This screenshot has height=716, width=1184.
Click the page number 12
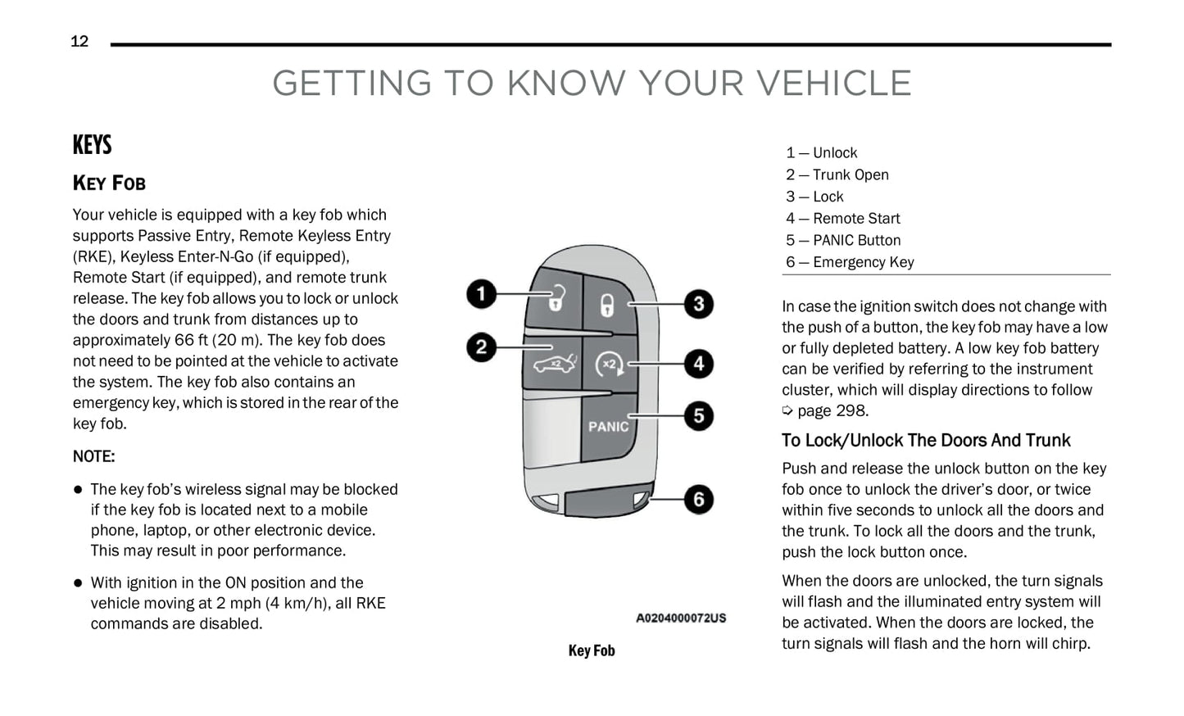click(x=79, y=42)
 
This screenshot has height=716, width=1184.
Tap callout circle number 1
click(x=482, y=293)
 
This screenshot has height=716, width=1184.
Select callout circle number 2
click(x=482, y=347)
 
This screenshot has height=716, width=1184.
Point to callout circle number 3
click(x=698, y=304)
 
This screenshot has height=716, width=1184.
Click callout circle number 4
click(x=698, y=363)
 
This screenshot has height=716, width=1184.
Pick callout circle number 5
click(x=698, y=415)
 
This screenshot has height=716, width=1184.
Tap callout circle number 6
click(x=698, y=499)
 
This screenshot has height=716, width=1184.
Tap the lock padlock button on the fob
click(x=606, y=305)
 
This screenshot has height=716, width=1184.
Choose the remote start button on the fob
click(x=609, y=364)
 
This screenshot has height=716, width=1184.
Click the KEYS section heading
click(x=92, y=146)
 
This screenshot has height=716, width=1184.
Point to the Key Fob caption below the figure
click(x=591, y=650)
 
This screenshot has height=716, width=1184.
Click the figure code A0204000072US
click(x=680, y=618)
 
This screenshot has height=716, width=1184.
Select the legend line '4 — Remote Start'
click(x=842, y=219)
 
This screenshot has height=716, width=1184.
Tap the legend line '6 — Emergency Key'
click(x=850, y=262)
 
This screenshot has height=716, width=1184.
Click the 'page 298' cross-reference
click(x=832, y=411)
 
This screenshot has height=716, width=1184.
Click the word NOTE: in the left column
click(x=93, y=456)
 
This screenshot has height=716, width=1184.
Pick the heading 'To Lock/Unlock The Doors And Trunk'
click(x=925, y=441)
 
